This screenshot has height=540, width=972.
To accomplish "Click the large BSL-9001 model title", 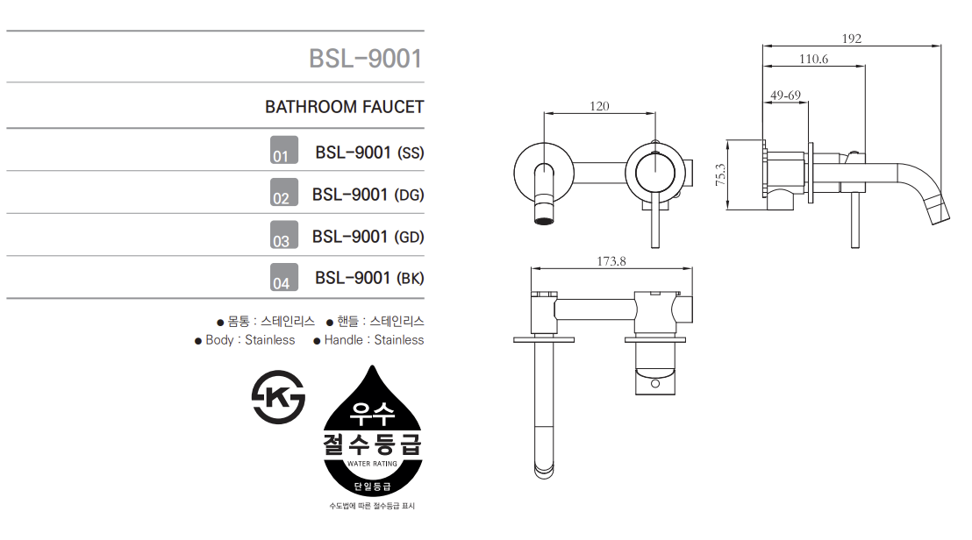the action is [366, 59].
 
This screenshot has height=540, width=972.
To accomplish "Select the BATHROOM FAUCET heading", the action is [345, 107].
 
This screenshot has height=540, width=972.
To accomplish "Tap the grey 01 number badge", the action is [284, 150].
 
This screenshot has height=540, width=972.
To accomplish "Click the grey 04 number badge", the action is [284, 277].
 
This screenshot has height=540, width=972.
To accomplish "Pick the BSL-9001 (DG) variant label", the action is [368, 195].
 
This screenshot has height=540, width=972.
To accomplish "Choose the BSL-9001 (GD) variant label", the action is [368, 238].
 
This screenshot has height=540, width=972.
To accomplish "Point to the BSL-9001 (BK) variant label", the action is [369, 278].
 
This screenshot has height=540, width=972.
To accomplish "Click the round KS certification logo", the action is [278, 397].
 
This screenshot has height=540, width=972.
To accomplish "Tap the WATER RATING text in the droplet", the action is [372, 463].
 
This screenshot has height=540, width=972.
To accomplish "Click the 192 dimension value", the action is [852, 39].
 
